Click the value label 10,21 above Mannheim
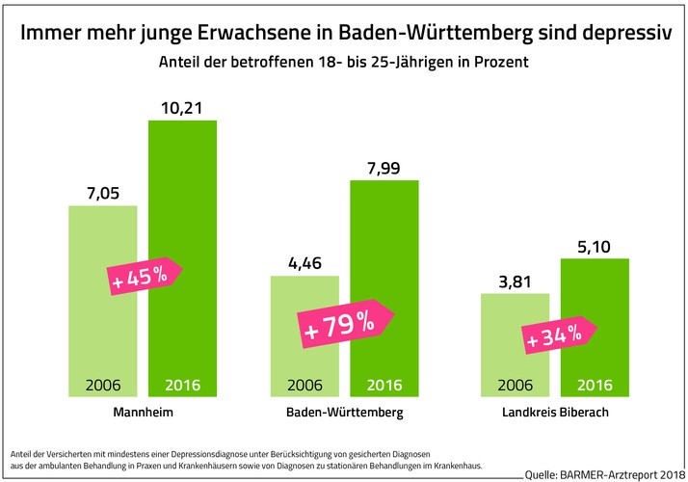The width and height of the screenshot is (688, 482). [x=182, y=105]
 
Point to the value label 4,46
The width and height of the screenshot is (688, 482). [x=304, y=260]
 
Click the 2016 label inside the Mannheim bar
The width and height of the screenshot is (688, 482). [x=182, y=385]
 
